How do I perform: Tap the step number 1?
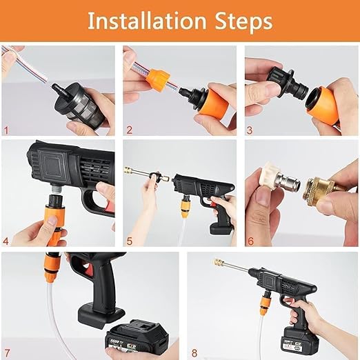point(7,129)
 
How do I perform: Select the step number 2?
point(128,129)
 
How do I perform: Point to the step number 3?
point(250,129)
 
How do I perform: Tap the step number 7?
point(7,352)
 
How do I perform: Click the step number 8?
point(194,352)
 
